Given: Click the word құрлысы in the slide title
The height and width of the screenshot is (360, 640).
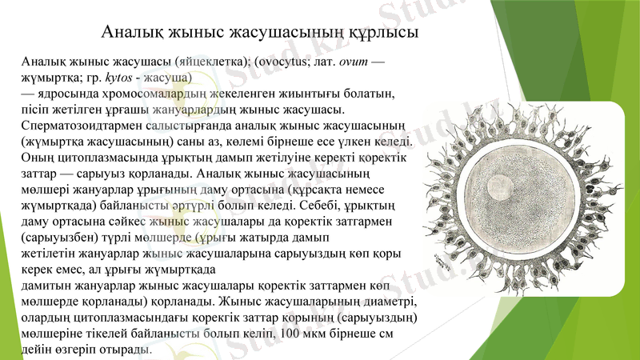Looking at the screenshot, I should coord(379,34).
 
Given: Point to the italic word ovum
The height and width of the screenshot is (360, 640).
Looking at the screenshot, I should coord(344,62).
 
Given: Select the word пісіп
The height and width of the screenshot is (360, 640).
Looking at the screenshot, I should coord(35,109).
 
